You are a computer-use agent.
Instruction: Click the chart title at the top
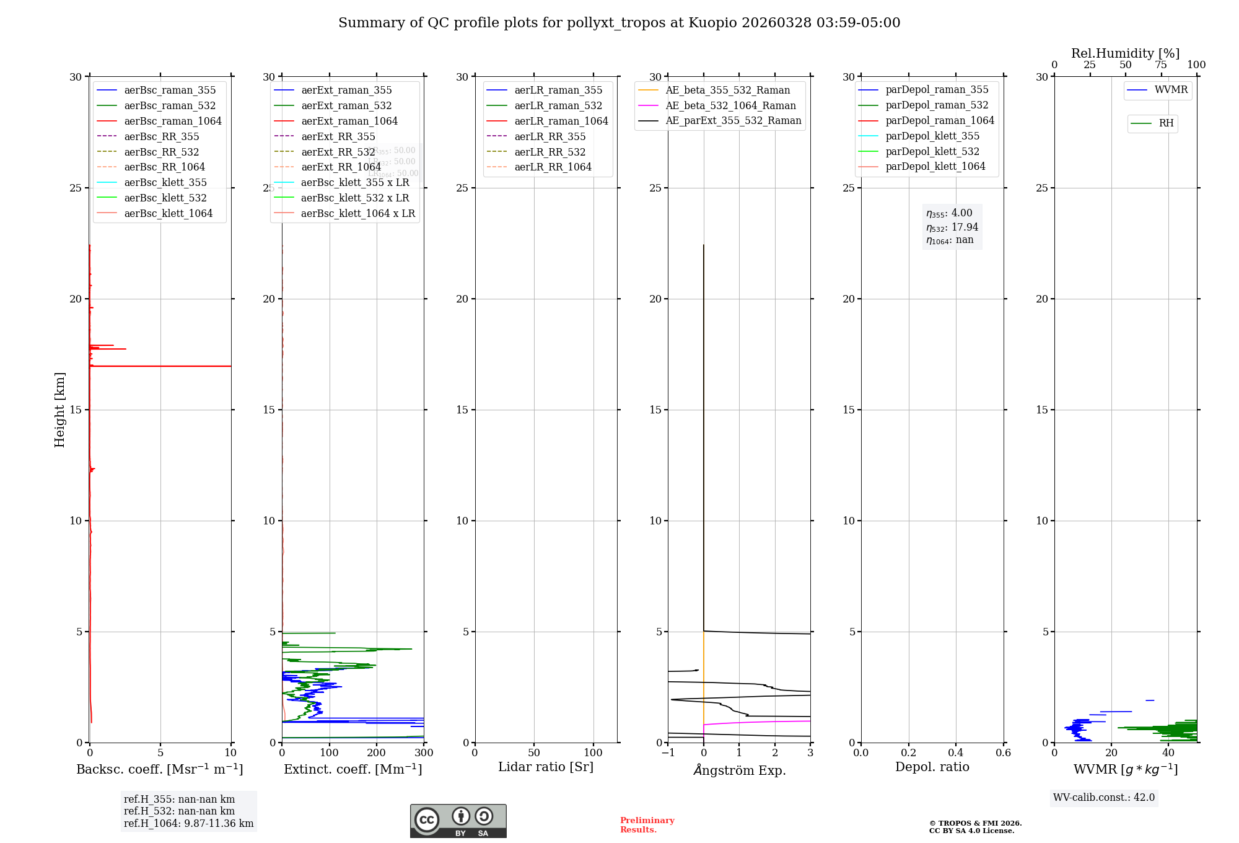619,23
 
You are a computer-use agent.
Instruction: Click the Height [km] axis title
59,410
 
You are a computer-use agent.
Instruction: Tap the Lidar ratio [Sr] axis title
546,767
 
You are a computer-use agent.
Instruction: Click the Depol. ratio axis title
932,767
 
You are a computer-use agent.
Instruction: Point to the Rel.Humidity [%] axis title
1125,53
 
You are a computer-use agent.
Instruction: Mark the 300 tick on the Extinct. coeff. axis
424,753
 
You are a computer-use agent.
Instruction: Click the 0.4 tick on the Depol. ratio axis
956,753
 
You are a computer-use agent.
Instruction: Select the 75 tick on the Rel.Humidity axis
1161,65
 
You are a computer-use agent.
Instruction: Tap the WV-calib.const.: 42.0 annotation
1104,798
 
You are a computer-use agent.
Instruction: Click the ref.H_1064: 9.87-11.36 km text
188,824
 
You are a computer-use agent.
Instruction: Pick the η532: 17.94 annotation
952,227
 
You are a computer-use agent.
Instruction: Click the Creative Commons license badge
458,821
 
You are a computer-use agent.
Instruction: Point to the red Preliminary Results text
647,825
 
